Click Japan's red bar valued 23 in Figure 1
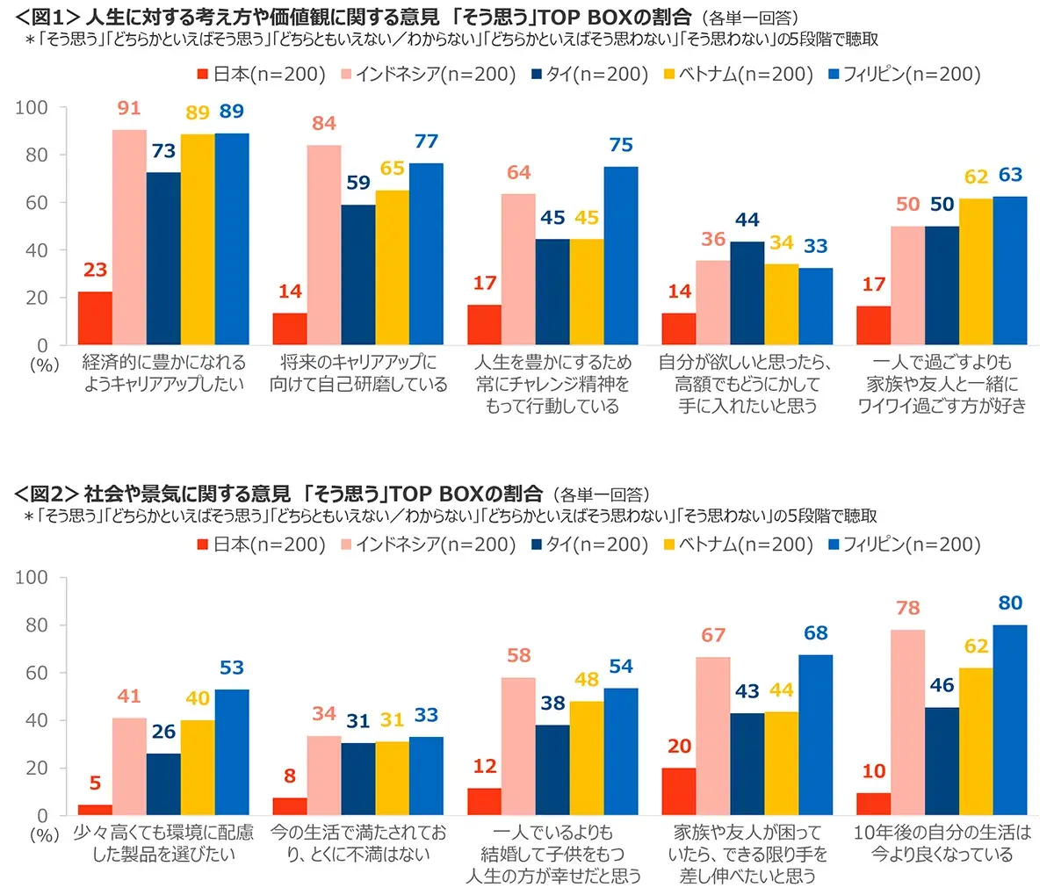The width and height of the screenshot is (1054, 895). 95,318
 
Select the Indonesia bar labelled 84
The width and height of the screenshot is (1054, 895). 324,245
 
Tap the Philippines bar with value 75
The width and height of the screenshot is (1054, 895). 621,256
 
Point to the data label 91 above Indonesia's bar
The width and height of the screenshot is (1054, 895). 129,108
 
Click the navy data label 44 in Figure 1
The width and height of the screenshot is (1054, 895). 747,220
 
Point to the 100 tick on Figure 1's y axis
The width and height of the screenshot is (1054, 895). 32,107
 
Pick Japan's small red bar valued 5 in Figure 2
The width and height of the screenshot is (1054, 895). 95,810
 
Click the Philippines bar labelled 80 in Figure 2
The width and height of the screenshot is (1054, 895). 1010,720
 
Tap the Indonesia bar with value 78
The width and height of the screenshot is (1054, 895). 907,723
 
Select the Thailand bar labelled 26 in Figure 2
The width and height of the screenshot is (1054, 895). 163,784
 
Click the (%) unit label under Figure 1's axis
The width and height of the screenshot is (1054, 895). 44,364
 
